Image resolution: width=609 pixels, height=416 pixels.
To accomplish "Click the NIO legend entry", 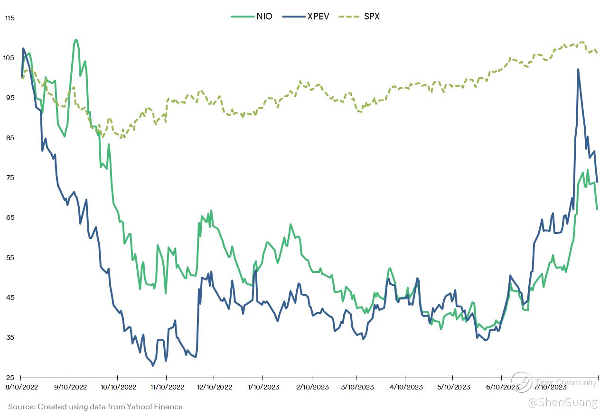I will tap(252, 17).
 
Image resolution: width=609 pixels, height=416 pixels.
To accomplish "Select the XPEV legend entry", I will tap(305, 17).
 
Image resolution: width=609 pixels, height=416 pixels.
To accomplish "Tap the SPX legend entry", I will tap(359, 17).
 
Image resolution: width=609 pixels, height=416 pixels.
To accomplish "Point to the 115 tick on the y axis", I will tap(10, 18).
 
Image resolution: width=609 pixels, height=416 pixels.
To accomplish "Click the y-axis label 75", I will tap(10, 178).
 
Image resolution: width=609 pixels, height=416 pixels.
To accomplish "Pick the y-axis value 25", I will tap(10, 378).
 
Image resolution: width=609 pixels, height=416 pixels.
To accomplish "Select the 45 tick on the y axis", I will tap(10, 298).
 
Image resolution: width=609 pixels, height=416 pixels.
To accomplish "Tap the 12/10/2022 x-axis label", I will tap(214, 387).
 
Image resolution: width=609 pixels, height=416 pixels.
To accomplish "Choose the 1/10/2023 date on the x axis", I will tap(263, 387).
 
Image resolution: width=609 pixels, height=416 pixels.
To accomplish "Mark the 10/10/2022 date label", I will tap(118, 387).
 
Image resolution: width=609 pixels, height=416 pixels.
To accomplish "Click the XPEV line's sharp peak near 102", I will tap(578, 70).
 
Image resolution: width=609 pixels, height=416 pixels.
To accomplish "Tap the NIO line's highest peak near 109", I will tap(76, 40).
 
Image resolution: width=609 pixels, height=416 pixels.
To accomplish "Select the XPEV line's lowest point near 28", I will tap(153, 365).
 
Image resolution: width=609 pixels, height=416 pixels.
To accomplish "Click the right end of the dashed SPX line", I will tap(597, 53).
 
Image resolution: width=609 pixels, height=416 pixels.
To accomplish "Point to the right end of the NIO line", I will tap(597, 209).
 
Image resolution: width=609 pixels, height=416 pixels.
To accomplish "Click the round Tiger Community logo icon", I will tap(521, 382).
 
